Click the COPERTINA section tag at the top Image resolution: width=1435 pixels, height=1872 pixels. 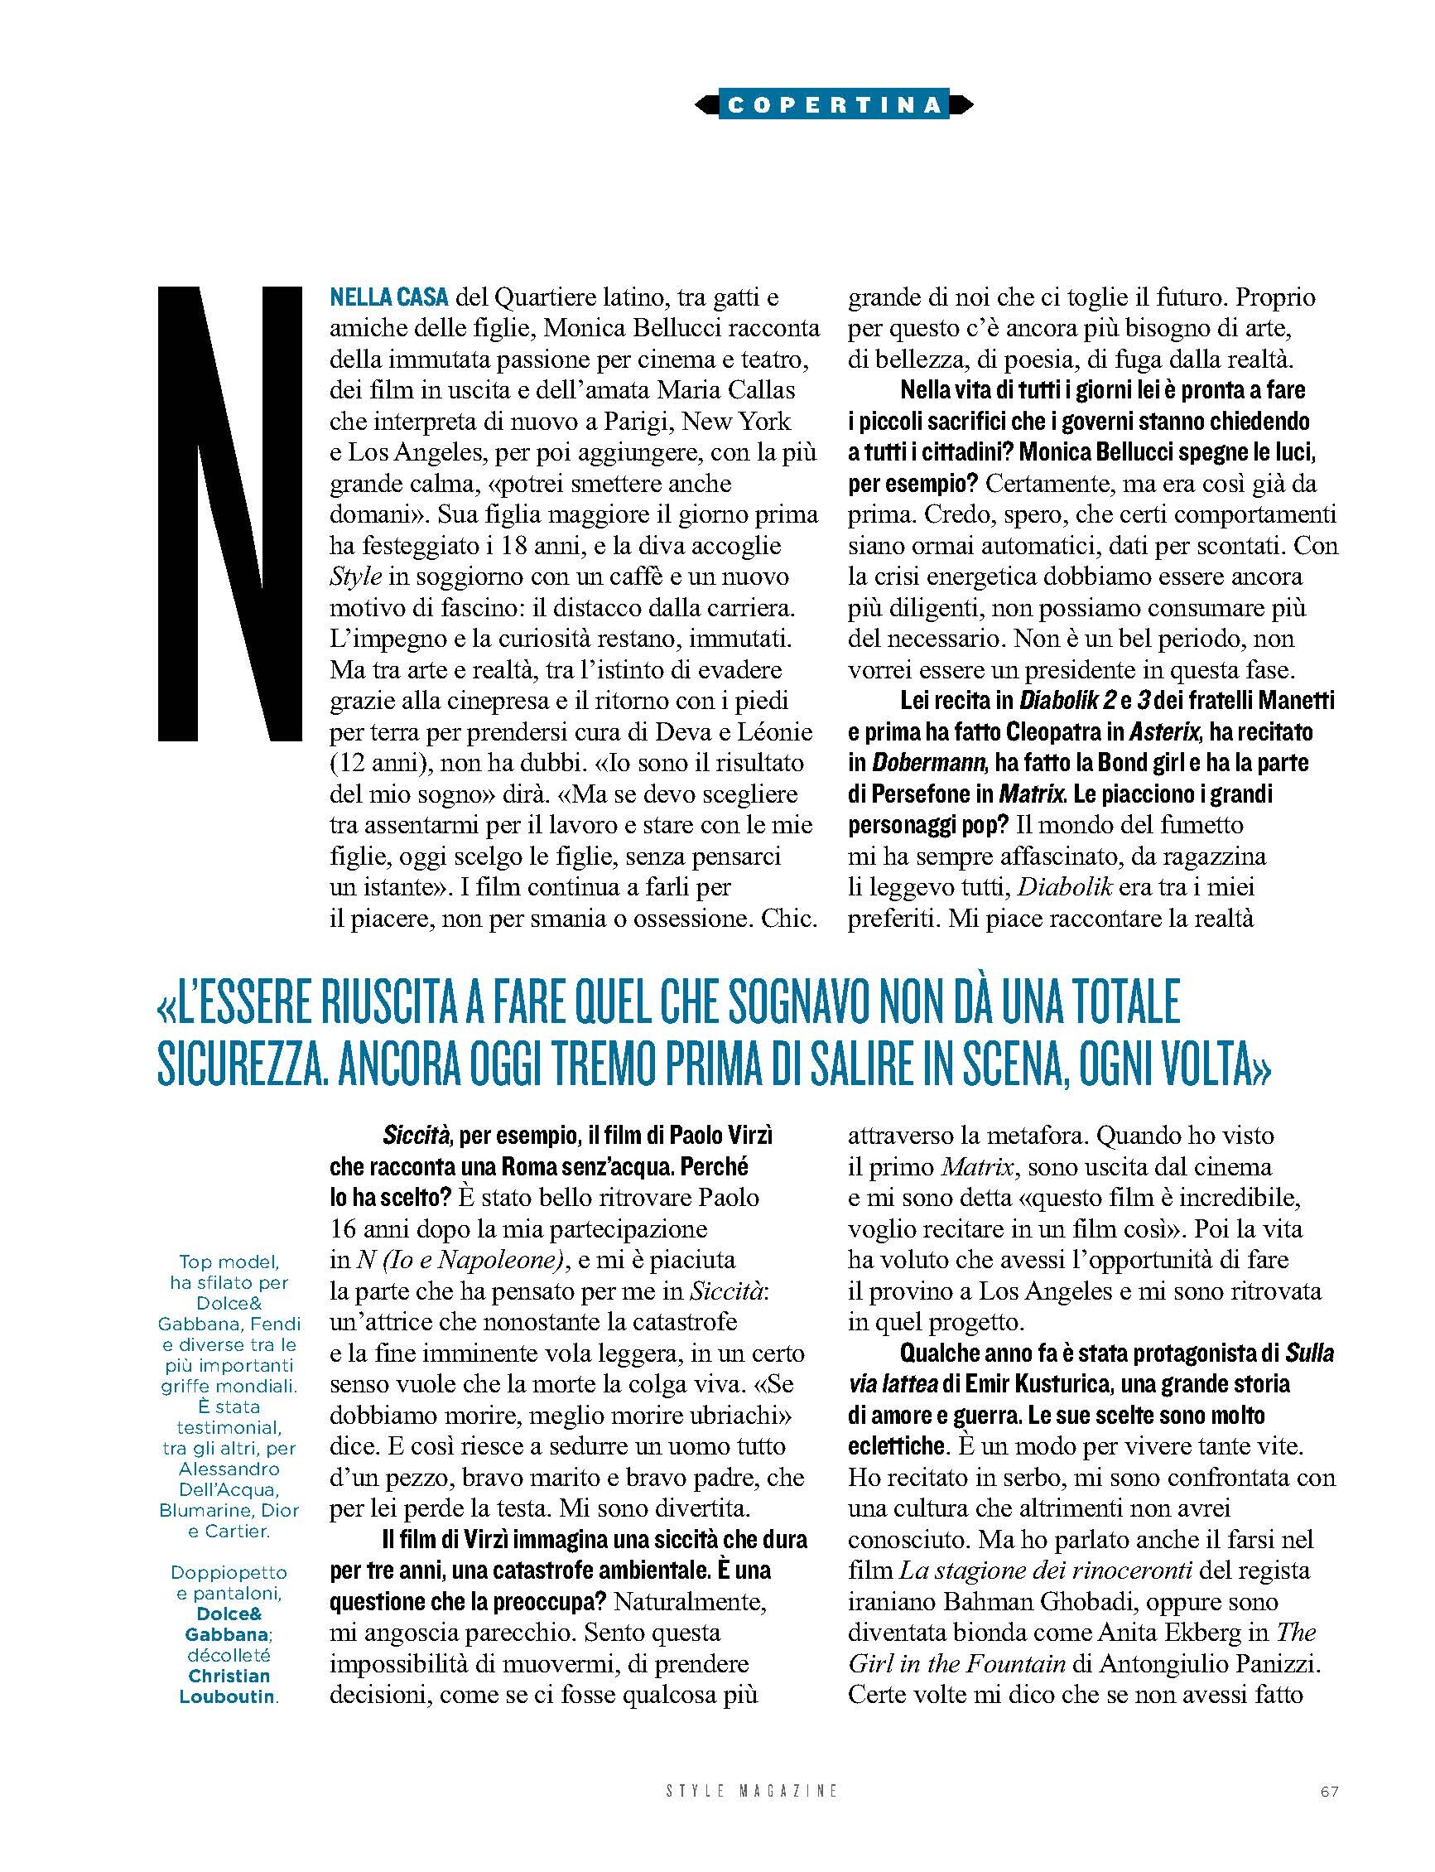pyautogui.click(x=833, y=104)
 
